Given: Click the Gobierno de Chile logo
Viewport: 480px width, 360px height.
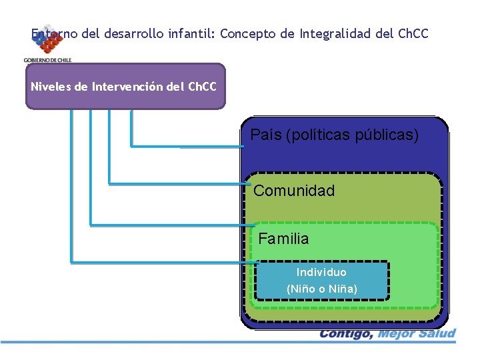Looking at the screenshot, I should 47,45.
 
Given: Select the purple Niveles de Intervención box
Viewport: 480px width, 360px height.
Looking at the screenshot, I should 125,86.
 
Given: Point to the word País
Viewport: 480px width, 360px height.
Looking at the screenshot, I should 265,135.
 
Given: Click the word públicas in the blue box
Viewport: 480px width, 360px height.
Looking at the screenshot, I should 391,135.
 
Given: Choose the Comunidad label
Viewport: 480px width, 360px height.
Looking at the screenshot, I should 294,191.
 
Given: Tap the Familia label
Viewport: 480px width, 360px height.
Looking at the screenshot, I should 283,238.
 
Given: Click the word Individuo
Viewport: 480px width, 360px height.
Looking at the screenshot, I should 321,272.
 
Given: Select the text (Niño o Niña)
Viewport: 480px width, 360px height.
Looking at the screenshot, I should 322,289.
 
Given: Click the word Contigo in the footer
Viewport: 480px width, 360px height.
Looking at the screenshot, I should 345,333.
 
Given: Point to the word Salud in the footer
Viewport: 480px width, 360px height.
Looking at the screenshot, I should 437,333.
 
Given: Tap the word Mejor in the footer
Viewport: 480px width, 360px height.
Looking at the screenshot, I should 397,333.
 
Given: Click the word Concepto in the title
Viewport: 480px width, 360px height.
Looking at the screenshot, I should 247,33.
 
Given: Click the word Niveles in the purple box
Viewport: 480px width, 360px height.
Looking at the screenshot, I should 53,87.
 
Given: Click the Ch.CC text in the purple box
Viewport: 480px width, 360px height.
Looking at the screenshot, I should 202,87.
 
